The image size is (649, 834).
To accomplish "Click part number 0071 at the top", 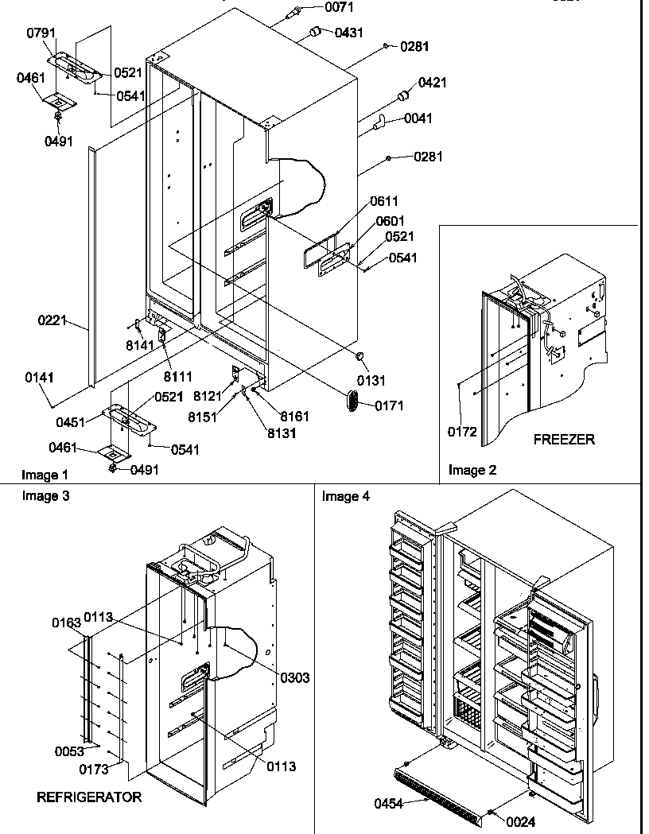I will point(318,10).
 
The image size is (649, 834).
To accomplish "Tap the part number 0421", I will point(433,83).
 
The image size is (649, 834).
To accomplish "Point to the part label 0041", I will point(418,118).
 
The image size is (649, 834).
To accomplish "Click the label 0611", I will point(383,202).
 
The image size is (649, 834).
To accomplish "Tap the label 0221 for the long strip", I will point(51,322).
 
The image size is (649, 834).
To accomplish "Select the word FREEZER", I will point(564,439).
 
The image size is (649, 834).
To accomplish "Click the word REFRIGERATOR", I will point(89,797).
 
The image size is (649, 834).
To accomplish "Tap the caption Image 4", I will point(345,496).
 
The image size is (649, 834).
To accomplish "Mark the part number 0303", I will point(294,677).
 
